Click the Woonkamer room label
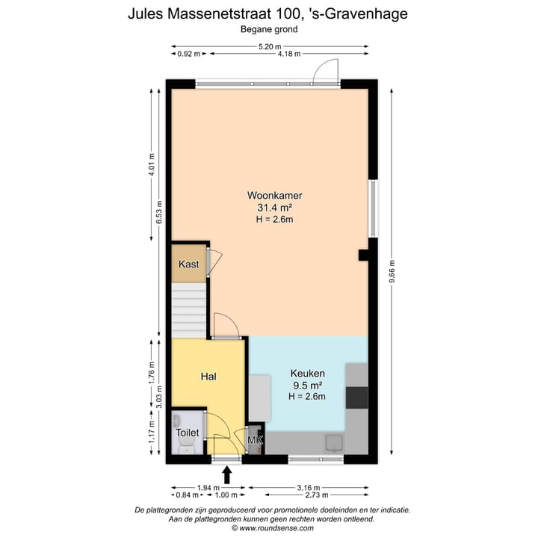(x=269, y=196)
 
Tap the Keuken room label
(x=307, y=373)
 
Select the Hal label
(x=208, y=377)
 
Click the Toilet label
(x=187, y=432)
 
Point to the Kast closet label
(x=188, y=264)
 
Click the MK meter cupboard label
(x=255, y=441)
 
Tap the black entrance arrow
(x=227, y=474)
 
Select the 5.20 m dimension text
(x=269, y=46)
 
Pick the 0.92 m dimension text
(x=189, y=54)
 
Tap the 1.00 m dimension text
(x=226, y=495)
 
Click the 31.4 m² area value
(x=269, y=208)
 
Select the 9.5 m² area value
(x=307, y=385)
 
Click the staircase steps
(x=189, y=310)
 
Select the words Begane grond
(x=269, y=30)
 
